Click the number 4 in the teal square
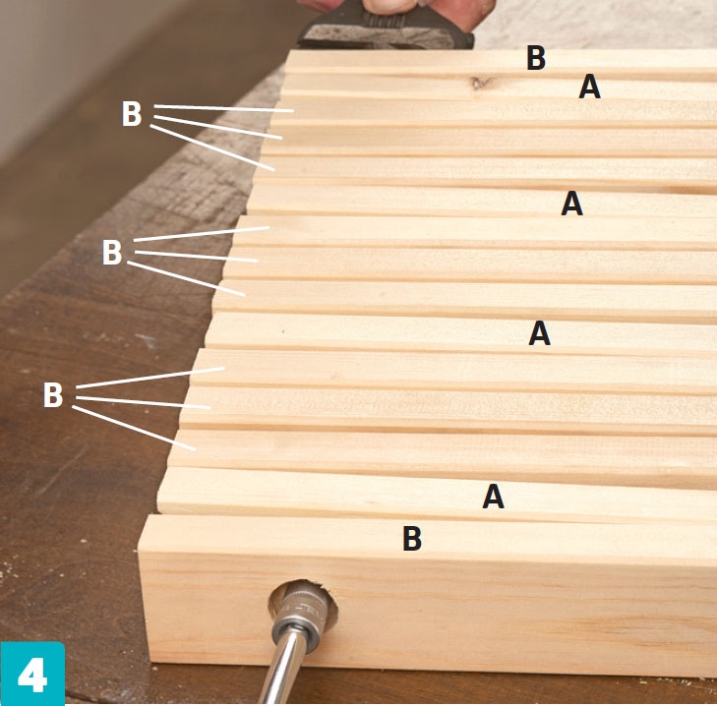(x=32, y=675)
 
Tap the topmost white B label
(x=131, y=113)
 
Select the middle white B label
(x=111, y=253)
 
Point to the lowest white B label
(x=52, y=395)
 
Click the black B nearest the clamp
(x=536, y=58)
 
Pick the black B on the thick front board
(x=412, y=538)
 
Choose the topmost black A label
(x=589, y=87)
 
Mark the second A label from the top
(x=572, y=204)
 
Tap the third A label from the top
(x=540, y=333)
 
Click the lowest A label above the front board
(x=494, y=497)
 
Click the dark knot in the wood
(x=480, y=83)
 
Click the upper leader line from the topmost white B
(x=223, y=108)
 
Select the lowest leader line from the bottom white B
(x=134, y=429)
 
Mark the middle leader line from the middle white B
(x=197, y=256)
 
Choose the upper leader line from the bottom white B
(x=150, y=378)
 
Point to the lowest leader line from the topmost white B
(x=212, y=147)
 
